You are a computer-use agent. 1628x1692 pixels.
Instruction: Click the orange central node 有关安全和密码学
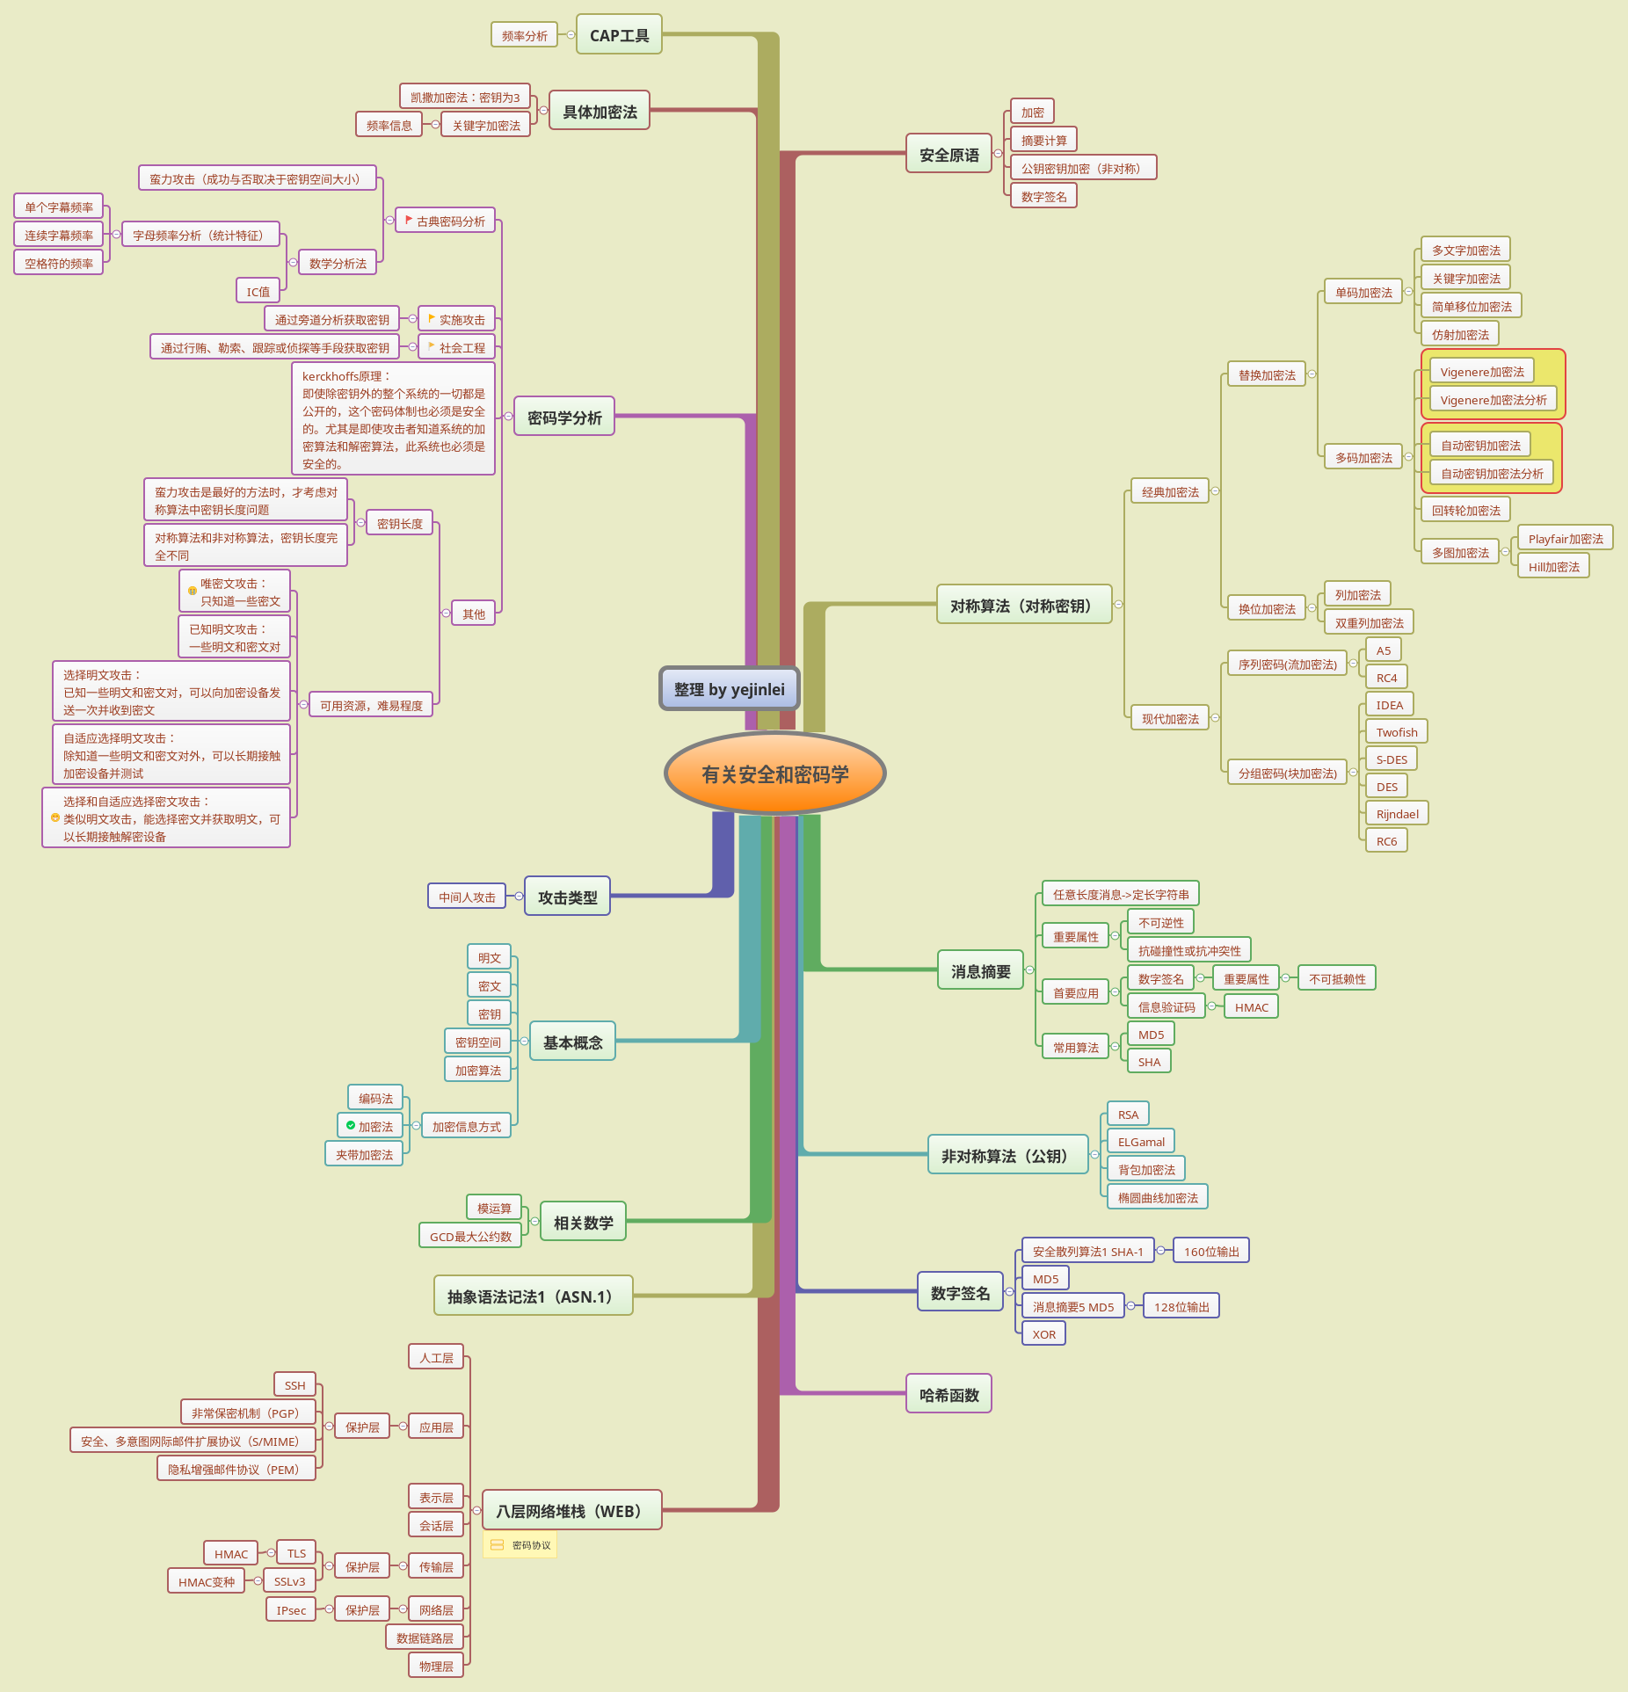774,773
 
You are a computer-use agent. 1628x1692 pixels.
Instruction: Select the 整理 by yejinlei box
729,689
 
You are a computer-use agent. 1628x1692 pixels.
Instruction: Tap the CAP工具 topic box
619,35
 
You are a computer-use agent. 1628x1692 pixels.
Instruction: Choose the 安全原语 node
948,155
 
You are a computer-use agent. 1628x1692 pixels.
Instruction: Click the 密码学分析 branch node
564,418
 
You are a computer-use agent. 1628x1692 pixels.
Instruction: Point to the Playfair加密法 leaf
1565,539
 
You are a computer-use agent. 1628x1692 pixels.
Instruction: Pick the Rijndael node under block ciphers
1397,814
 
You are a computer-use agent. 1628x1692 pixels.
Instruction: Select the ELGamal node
1141,1142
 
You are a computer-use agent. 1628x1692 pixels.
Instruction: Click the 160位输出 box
1210,1252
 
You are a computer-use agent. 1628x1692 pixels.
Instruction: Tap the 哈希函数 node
948,1395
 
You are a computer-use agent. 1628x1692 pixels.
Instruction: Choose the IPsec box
291,1610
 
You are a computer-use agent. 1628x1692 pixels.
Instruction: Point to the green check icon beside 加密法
351,1125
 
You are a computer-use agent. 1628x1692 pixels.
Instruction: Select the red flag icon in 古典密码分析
409,220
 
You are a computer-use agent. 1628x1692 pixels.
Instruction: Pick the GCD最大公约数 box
470,1237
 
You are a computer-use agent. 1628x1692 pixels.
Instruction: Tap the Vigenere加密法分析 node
1493,400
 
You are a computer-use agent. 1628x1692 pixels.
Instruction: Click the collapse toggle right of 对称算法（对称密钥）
1118,605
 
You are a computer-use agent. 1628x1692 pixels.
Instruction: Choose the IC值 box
258,292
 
